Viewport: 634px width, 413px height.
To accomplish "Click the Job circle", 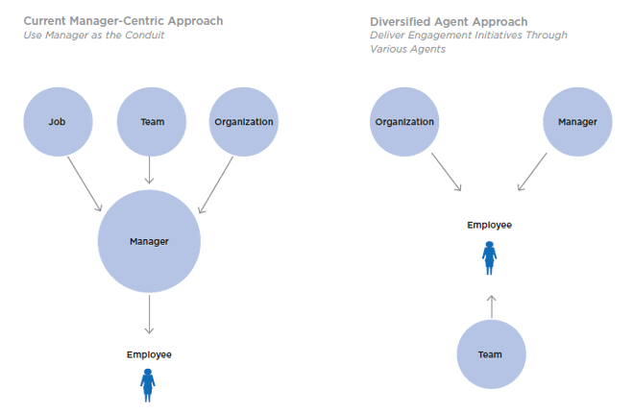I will click(58, 122).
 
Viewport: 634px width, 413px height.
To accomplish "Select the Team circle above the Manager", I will click(151, 122).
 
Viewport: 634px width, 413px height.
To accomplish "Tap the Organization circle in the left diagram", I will click(243, 122).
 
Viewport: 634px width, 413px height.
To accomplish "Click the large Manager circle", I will click(149, 241).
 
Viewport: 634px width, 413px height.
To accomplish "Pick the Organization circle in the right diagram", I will click(404, 122).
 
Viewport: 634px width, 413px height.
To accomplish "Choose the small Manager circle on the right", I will click(577, 122).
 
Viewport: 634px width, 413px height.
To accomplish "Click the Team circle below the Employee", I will click(490, 354).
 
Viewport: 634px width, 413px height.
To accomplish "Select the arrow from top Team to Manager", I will click(150, 169).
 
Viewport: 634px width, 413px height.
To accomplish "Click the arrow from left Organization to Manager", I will click(215, 184).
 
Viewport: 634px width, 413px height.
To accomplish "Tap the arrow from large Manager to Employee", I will click(149, 314).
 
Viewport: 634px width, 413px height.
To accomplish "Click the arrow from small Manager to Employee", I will click(534, 171).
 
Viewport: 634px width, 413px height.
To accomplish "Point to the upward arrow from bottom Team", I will click(490, 305).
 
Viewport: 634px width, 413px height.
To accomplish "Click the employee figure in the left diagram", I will click(148, 384).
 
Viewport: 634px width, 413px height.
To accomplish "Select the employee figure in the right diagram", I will click(489, 256).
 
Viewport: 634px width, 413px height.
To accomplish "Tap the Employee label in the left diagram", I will click(149, 354).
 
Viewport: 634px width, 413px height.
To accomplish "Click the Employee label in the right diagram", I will click(489, 225).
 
